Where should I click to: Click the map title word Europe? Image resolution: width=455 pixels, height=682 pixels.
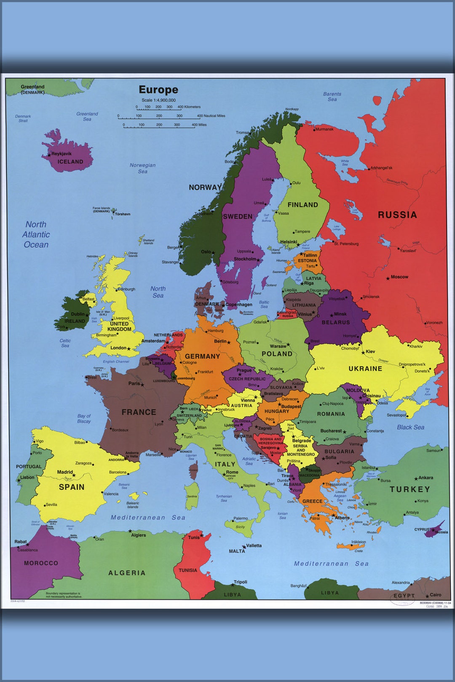[158, 90]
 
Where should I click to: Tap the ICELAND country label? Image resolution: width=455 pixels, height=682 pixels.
[70, 162]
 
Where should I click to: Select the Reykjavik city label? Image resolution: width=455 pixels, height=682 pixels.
[62, 154]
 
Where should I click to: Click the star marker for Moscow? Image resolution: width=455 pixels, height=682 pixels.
[388, 278]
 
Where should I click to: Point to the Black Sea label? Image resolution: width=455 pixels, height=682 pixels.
[410, 427]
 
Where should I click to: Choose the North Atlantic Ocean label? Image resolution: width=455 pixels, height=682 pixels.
[36, 235]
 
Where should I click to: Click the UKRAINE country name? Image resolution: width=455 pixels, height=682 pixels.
[365, 369]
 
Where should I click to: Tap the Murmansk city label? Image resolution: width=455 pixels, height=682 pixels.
[324, 129]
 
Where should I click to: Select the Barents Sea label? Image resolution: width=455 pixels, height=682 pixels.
[332, 97]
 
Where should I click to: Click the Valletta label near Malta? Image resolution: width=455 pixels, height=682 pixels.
[254, 546]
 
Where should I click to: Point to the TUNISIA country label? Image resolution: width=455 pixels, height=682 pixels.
[188, 570]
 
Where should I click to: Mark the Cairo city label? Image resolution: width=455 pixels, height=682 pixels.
[436, 595]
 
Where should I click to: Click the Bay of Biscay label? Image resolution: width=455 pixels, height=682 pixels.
[84, 418]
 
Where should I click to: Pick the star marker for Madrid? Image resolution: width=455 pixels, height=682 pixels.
[74, 476]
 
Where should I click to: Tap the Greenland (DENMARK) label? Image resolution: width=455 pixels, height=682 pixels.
[32, 89]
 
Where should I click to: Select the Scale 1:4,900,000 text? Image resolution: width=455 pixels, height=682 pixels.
[158, 100]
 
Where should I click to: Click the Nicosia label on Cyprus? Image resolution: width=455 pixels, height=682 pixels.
[442, 532]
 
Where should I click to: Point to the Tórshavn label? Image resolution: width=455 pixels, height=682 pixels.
[123, 214]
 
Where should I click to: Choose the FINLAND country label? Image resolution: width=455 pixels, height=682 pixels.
[302, 205]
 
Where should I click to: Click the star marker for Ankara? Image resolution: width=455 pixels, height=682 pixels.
[416, 479]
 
